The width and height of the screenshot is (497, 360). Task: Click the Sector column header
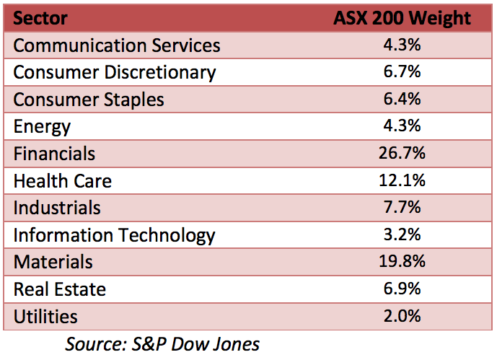click(40, 18)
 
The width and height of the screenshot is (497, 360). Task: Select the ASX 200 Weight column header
click(402, 18)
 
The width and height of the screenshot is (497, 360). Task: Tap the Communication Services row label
click(117, 45)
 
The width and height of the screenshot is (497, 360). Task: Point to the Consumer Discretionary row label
click(115, 72)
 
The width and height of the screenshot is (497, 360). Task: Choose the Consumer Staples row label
click(89, 100)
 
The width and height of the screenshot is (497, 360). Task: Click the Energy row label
click(42, 127)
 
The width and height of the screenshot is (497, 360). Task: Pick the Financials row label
click(54, 154)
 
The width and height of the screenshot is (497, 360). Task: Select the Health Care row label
click(63, 180)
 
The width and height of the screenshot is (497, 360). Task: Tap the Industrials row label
click(57, 208)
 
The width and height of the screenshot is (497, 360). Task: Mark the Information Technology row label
click(115, 235)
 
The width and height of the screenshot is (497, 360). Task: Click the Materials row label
click(53, 262)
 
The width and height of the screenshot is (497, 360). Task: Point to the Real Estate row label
click(60, 289)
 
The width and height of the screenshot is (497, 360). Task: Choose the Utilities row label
click(45, 316)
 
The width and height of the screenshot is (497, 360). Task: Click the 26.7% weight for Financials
click(403, 154)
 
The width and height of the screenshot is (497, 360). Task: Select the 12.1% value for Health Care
click(403, 180)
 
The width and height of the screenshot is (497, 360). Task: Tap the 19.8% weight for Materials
click(403, 262)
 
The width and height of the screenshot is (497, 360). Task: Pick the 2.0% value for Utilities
click(403, 316)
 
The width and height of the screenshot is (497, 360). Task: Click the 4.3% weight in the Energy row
click(403, 127)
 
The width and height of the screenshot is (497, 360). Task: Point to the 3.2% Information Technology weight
click(403, 235)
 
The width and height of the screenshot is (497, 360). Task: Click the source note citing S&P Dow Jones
click(162, 343)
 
